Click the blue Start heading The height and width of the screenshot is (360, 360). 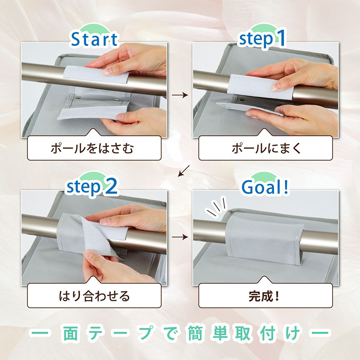click(94, 39)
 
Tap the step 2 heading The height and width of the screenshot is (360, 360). click(92, 186)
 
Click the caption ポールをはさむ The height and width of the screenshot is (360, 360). click(92, 148)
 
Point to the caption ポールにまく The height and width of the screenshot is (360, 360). click(266, 148)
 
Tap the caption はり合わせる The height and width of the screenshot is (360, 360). click(94, 296)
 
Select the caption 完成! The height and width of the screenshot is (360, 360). click(264, 296)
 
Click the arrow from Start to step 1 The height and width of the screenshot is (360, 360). click(180, 95)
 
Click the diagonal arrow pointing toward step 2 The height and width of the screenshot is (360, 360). click(184, 171)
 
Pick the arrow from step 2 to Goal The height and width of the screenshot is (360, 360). click(180, 237)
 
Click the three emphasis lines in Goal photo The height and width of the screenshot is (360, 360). click(216, 206)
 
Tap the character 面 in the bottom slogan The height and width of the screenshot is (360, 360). click(71, 333)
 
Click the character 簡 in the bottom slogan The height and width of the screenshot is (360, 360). click(195, 333)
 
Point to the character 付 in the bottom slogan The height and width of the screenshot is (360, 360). click(268, 333)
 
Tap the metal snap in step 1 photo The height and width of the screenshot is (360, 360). click(241, 99)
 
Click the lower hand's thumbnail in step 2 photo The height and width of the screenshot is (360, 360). click(89, 256)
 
